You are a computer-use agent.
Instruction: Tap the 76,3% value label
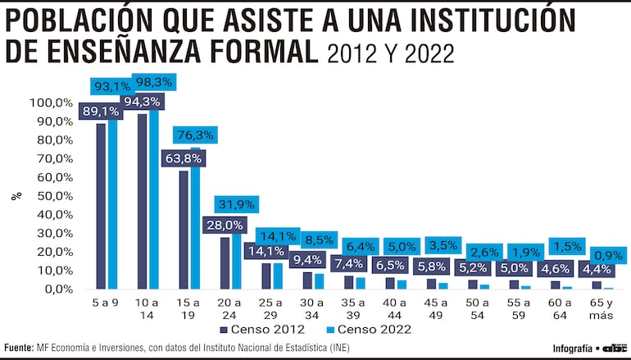194,135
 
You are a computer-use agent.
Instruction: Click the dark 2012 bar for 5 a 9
101,205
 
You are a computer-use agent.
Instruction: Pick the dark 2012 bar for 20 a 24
225,262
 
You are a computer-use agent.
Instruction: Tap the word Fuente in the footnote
19,347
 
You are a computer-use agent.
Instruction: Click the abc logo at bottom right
614,347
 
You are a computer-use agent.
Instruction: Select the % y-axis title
15,196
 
